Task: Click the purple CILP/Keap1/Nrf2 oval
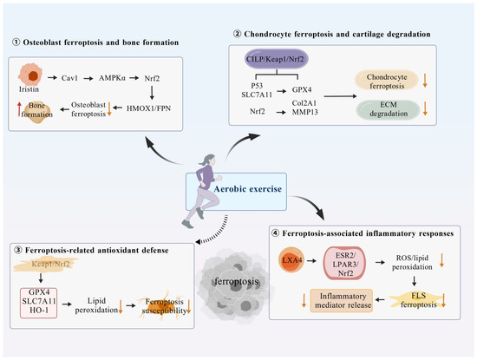tap(277, 59)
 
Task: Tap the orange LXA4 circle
tap(291, 259)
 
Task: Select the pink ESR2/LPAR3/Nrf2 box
tap(345, 264)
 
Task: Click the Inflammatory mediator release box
tap(342, 301)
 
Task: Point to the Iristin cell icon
tap(30, 75)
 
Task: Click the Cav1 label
tap(69, 78)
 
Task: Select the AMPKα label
tap(112, 78)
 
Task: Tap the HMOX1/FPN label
tap(148, 108)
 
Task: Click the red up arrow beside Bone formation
tap(19, 109)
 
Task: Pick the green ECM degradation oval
tap(388, 109)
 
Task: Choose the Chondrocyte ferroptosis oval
tap(386, 82)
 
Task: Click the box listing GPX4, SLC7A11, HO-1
tap(39, 303)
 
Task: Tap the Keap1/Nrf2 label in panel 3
tap(50, 264)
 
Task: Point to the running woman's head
tap(210, 159)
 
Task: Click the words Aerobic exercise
tap(248, 189)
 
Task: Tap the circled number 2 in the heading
tap(238, 34)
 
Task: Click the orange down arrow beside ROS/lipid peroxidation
tap(441, 260)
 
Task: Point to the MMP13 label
tap(304, 112)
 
